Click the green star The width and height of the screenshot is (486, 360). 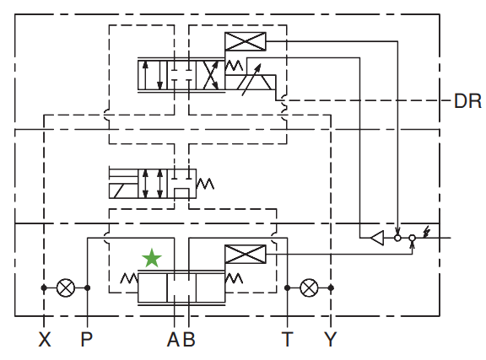(x=152, y=258)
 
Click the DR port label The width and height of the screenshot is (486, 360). (x=467, y=101)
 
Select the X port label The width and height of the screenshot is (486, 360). (x=45, y=339)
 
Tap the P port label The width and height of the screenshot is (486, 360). (x=86, y=339)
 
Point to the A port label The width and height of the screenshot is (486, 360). (x=174, y=339)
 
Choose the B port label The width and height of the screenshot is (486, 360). (x=188, y=339)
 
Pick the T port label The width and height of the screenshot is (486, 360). (x=288, y=339)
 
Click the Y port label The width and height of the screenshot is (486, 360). (x=331, y=339)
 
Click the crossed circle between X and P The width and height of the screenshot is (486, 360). (x=66, y=287)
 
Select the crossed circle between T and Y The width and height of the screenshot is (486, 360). (x=309, y=287)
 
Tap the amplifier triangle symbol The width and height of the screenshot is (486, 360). (x=377, y=238)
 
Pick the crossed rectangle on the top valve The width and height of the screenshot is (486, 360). (x=246, y=41)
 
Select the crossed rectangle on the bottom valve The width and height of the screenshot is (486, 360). (x=246, y=254)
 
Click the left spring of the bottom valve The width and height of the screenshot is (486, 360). (x=129, y=278)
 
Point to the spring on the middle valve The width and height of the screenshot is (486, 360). (x=205, y=184)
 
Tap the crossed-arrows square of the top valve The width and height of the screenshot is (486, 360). (x=210, y=75)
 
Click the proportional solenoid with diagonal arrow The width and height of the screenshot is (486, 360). (x=251, y=82)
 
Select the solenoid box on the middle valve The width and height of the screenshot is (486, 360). (x=123, y=191)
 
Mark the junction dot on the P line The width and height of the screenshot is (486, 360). (x=88, y=287)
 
